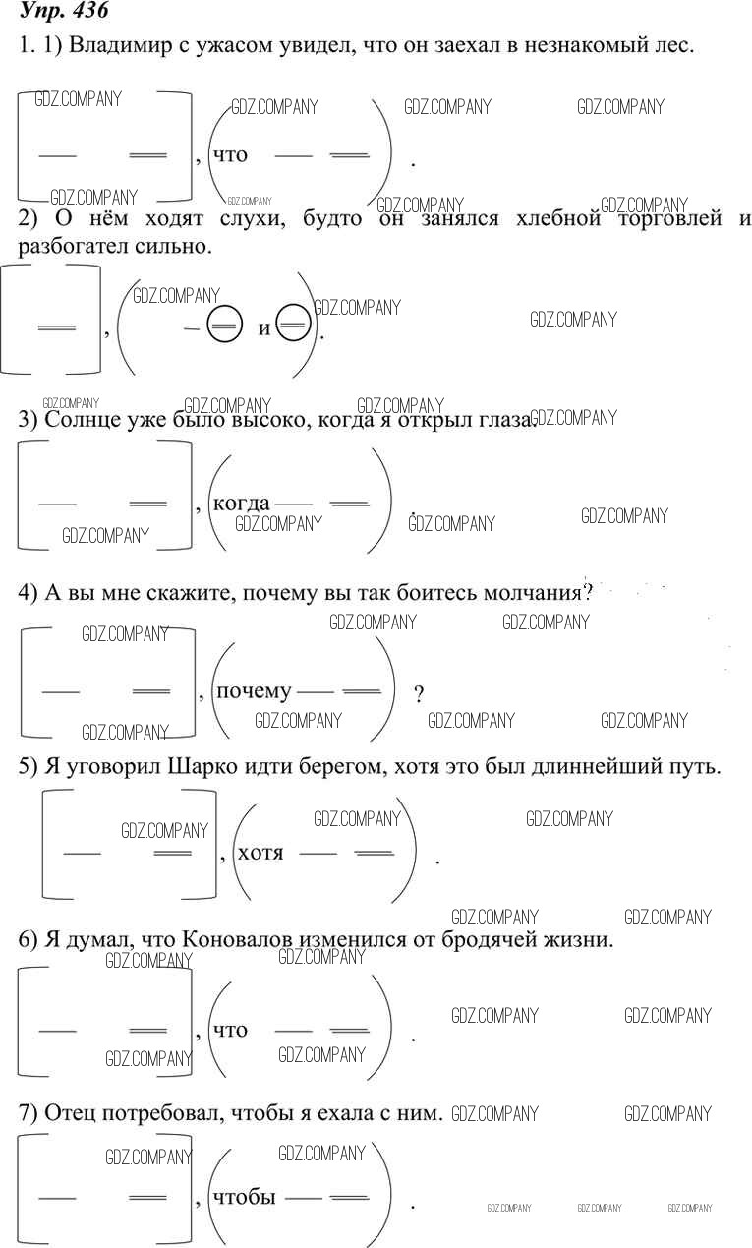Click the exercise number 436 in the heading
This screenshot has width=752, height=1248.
pos(89,10)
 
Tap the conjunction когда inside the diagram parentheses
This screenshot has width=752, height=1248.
pos(241,504)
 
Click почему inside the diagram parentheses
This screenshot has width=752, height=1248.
pos(254,692)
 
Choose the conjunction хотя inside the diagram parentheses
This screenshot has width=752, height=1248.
pos(260,853)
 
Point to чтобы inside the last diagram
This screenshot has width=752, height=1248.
pos(245,1197)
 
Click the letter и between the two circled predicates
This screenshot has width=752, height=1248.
pos(264,328)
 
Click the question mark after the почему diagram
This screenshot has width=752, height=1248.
pos(419,694)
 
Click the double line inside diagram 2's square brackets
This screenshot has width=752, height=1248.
pos(57,328)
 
